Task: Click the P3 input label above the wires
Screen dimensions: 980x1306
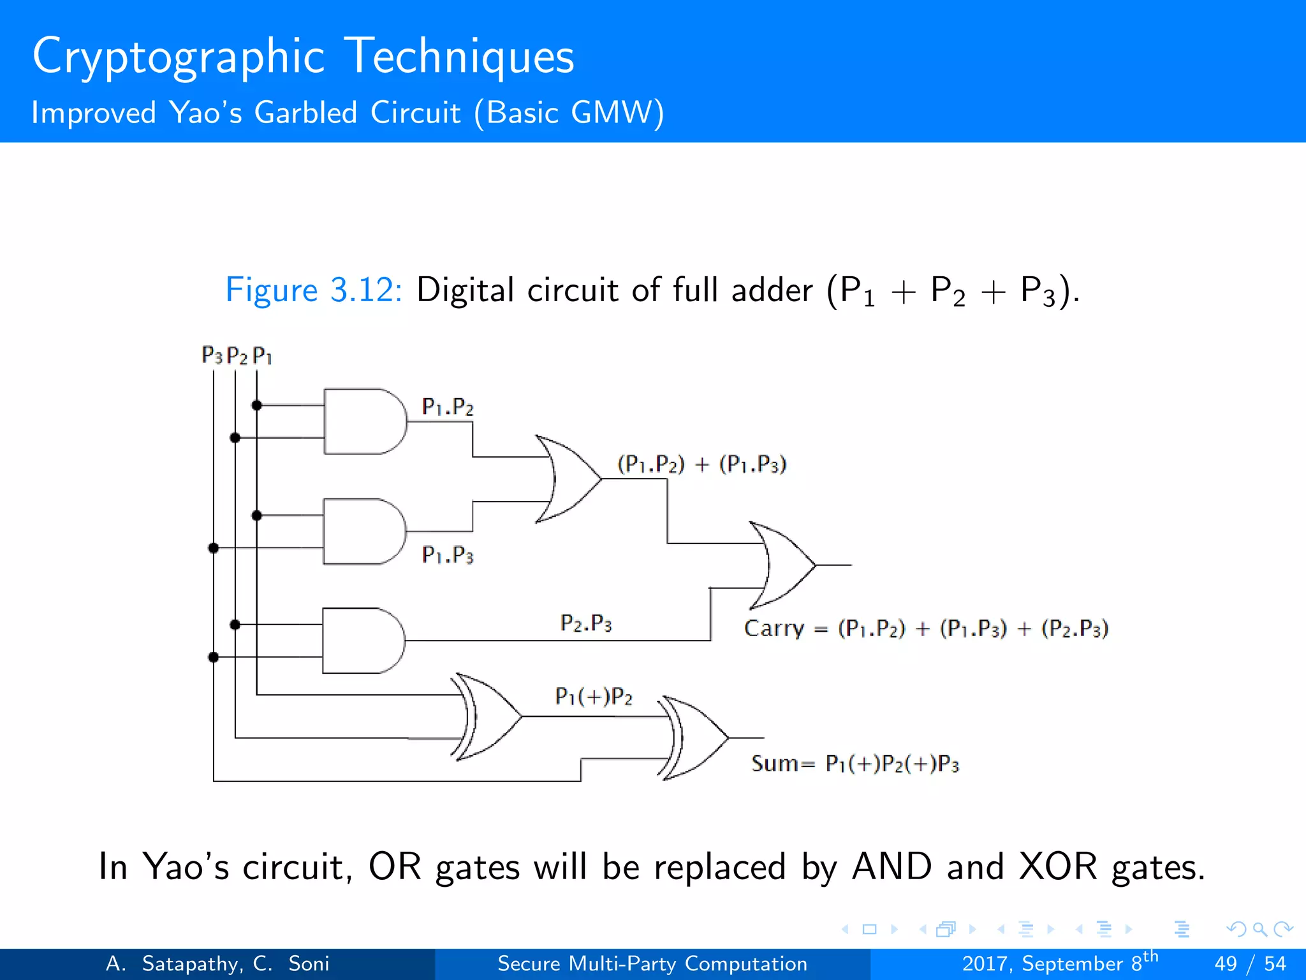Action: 212,355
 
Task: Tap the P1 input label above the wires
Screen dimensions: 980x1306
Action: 262,355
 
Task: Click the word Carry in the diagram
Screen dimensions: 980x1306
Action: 774,628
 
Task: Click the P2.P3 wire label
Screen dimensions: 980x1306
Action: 586,623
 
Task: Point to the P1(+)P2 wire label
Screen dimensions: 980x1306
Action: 594,696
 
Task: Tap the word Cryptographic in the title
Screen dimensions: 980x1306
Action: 179,57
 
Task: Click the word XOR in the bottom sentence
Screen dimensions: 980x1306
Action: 1058,867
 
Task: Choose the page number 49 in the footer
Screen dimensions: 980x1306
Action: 1226,963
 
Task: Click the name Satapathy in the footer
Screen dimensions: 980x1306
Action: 191,963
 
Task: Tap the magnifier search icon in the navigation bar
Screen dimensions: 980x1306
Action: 1259,929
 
